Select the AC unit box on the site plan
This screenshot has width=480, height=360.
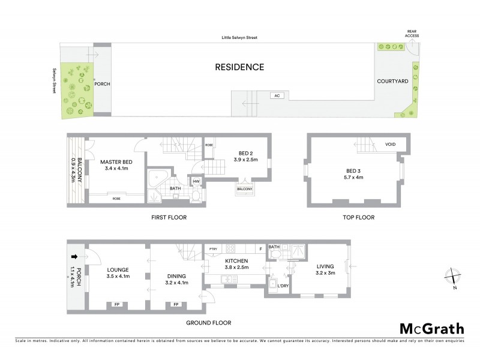(277, 95)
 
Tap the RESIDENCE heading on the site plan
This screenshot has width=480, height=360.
(239, 67)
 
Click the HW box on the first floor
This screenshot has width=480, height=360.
(196, 181)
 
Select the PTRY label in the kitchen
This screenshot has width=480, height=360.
(212, 248)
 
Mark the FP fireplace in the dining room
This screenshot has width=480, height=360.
(176, 304)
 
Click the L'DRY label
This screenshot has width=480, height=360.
(282, 286)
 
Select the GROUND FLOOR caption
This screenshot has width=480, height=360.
(208, 323)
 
